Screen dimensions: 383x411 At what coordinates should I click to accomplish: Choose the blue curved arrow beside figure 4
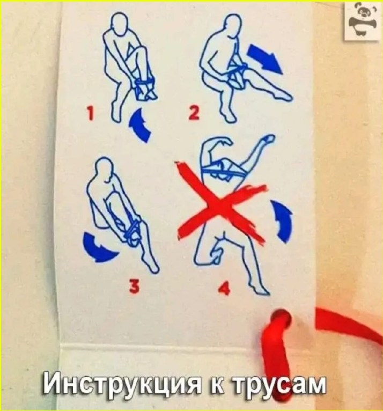click(282, 220)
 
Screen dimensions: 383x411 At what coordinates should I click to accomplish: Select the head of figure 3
click(105, 168)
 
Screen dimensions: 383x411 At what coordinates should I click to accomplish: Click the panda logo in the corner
click(362, 21)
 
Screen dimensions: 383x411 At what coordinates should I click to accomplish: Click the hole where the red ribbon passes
click(281, 317)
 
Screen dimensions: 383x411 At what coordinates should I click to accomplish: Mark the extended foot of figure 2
click(284, 96)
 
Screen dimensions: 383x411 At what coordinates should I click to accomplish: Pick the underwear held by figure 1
click(145, 89)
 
